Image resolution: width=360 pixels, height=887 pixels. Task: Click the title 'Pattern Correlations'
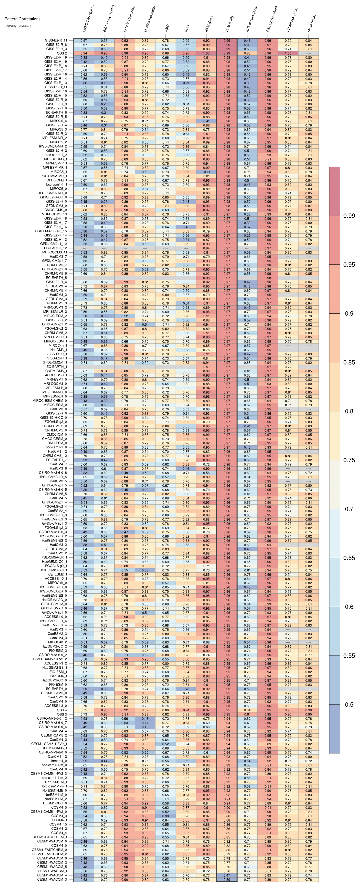(x=22, y=19)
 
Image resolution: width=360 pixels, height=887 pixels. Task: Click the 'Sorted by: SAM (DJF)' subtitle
(x=18, y=26)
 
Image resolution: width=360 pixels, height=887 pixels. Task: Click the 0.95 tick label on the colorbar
(x=349, y=264)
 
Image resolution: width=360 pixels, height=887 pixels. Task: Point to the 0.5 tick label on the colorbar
(x=349, y=705)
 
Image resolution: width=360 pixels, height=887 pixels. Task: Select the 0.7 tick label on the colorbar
(x=349, y=509)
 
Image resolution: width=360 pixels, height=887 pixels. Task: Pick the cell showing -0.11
(x=206, y=172)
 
